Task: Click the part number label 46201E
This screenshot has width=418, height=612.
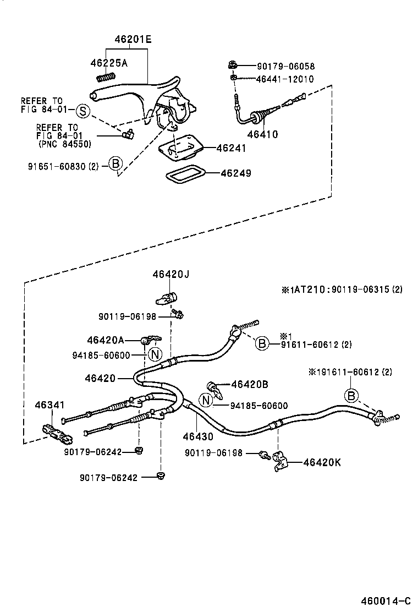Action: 133,40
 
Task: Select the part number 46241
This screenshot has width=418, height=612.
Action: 231,148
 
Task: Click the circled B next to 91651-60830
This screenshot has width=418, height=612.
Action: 115,164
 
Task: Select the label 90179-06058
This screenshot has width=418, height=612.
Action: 285,67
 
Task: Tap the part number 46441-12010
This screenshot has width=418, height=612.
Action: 285,79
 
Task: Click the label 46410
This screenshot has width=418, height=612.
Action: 262,134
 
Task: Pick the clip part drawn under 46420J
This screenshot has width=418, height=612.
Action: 166,298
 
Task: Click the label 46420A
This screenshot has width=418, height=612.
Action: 106,340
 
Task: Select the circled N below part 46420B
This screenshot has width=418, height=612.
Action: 206,401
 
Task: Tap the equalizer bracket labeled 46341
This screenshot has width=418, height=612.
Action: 57,434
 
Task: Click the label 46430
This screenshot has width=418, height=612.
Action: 197,436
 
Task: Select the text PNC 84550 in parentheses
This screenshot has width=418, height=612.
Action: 65,144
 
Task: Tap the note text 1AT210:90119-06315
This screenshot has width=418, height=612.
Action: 341,289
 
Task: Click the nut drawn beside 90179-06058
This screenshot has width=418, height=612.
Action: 233,65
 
